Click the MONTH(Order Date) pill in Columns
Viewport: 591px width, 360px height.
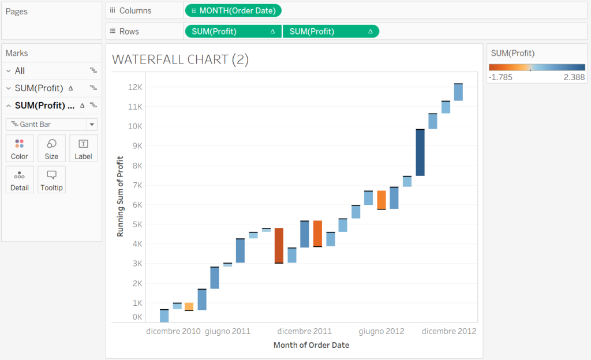tap(233, 10)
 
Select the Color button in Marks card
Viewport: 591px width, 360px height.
tap(20, 148)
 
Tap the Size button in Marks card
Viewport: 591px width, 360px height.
tap(51, 148)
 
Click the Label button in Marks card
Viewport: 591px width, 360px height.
tap(83, 148)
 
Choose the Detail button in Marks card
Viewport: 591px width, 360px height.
tap(20, 179)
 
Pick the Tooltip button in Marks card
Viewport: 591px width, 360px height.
tap(51, 179)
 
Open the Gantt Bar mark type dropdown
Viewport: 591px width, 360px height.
tap(51, 124)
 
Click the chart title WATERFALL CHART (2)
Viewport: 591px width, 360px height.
tap(180, 59)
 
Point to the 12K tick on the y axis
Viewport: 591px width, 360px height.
tap(134, 87)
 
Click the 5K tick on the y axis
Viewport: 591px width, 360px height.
tap(137, 224)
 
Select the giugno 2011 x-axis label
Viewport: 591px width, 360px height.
tap(227, 331)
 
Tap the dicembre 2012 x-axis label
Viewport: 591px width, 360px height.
tap(449, 331)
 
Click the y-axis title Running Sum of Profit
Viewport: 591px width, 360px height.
tap(121, 196)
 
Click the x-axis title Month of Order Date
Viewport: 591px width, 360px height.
tap(311, 345)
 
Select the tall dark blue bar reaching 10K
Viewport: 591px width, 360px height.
tap(420, 152)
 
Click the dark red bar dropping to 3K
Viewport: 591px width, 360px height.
tap(279, 245)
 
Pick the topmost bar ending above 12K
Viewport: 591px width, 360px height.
tap(458, 92)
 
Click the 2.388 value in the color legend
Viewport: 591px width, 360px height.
tap(574, 77)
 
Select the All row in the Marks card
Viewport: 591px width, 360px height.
tap(20, 71)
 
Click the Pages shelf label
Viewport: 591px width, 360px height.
tap(17, 12)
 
